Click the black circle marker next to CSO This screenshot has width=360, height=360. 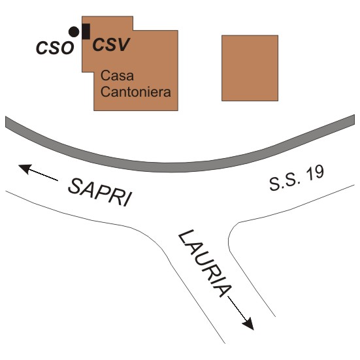(x=74, y=31)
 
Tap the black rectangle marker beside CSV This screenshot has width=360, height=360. (x=86, y=31)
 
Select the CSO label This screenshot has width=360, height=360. (x=55, y=48)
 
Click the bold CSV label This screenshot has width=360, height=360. (x=111, y=44)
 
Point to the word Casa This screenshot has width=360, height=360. (x=117, y=76)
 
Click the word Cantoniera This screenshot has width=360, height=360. (x=136, y=92)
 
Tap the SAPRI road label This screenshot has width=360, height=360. (x=101, y=192)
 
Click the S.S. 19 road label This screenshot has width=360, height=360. (x=297, y=178)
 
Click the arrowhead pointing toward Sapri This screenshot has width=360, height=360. (x=25, y=169)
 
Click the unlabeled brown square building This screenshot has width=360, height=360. (x=250, y=68)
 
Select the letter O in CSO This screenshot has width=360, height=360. (x=67, y=48)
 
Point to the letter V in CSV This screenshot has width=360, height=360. (x=123, y=44)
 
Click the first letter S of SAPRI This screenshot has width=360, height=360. (x=76, y=186)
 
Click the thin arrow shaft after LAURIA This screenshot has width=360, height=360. (x=237, y=307)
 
